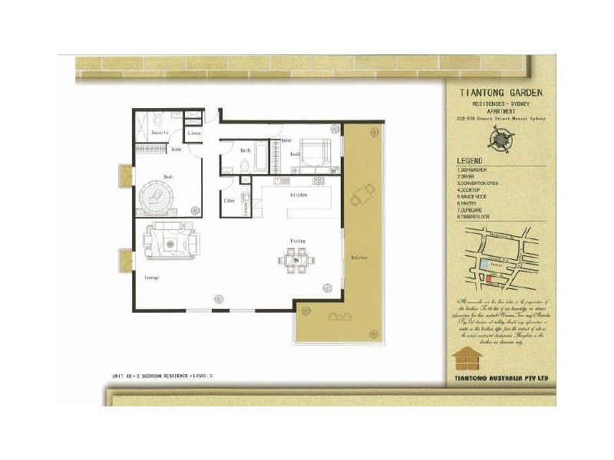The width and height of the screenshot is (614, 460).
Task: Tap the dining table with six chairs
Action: pyautogui.click(x=294, y=261)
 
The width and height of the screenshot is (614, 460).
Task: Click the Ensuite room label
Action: pyautogui.click(x=160, y=133)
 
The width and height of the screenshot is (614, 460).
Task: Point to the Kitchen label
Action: pyautogui.click(x=278, y=196)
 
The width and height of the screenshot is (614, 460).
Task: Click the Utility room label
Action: pyautogui.click(x=229, y=202)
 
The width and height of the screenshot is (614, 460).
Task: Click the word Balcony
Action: pyautogui.click(x=360, y=257)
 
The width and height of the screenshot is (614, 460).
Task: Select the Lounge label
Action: pyautogui.click(x=150, y=277)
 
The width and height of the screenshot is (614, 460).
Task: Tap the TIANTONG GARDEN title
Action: pyautogui.click(x=501, y=92)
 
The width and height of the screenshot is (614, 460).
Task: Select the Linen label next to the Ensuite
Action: pyautogui.click(x=194, y=134)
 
